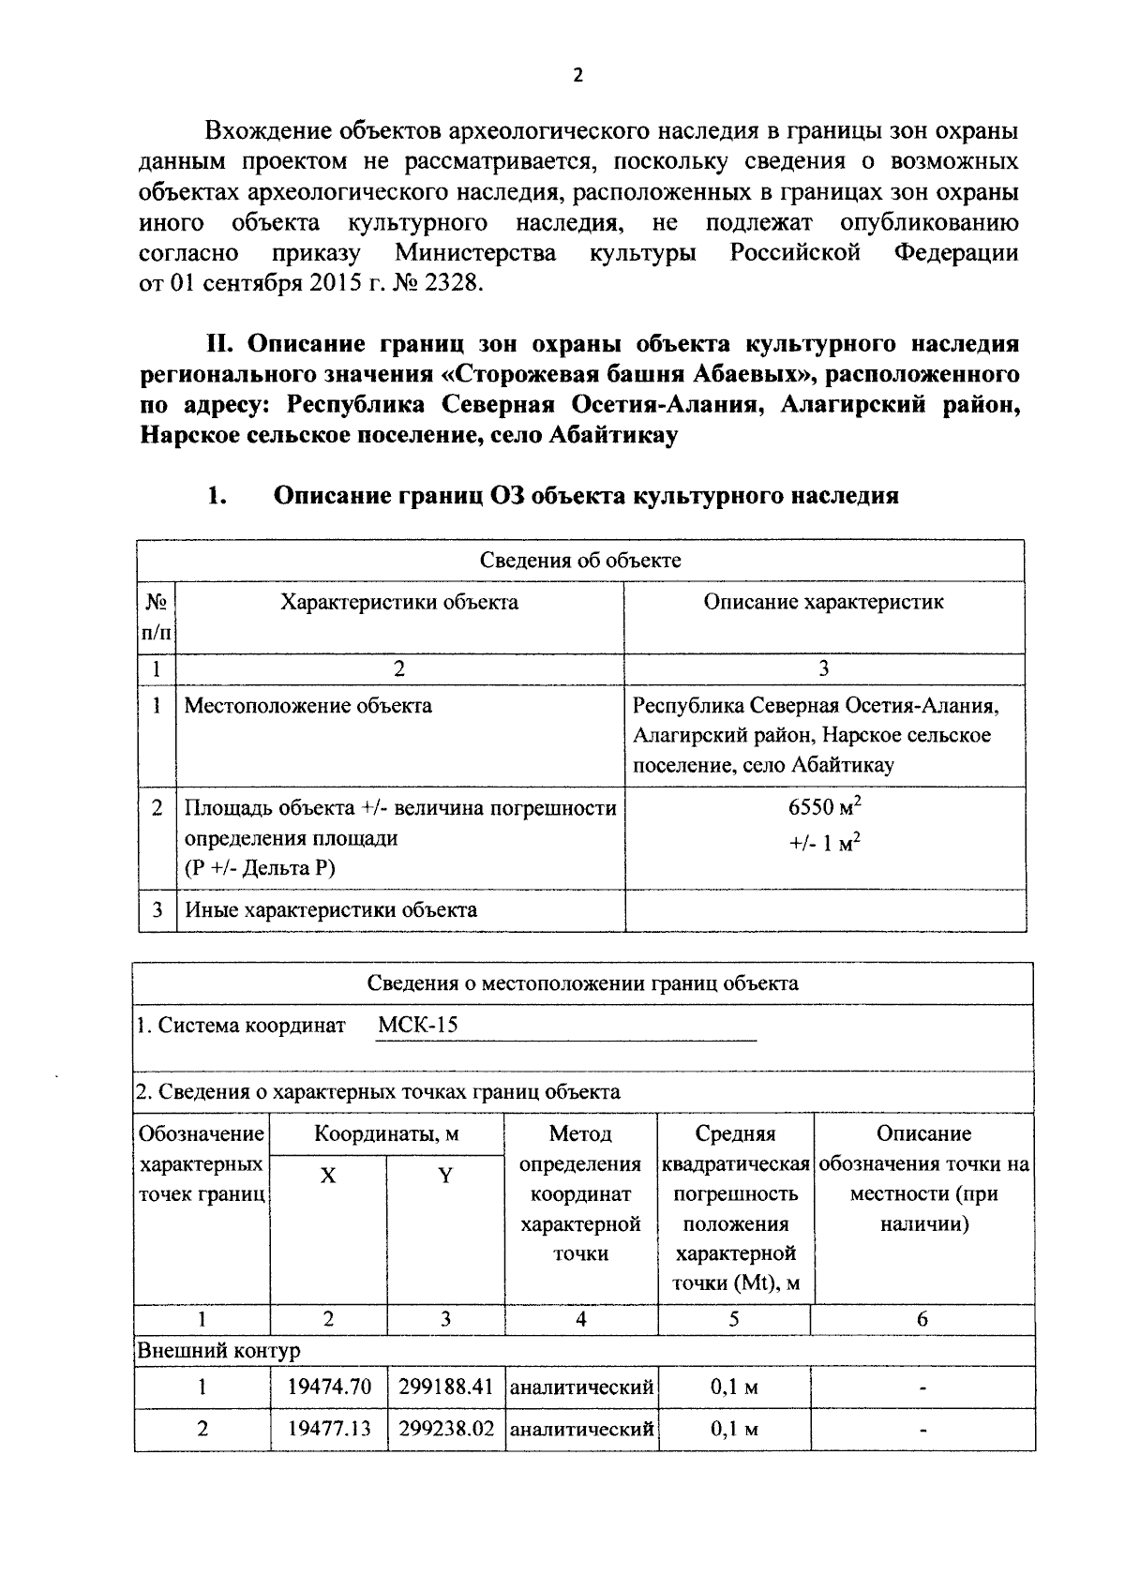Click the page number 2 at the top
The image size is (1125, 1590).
[577, 77]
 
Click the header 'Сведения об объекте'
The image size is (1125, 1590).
[580, 561]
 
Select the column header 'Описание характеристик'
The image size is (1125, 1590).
[823, 602]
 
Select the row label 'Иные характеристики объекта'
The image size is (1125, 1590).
[330, 909]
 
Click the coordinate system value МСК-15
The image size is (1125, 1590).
[417, 1025]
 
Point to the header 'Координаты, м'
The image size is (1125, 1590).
[386, 1134]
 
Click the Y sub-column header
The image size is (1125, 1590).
[445, 1176]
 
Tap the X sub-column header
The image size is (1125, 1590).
[328, 1176]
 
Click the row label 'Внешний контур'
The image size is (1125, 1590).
[218, 1351]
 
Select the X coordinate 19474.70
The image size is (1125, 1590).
[329, 1387]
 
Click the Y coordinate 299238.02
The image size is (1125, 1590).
[445, 1429]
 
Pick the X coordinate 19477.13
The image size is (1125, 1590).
[329, 1429]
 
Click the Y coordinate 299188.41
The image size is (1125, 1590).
[445, 1387]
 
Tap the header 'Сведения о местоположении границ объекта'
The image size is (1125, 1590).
[582, 983]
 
